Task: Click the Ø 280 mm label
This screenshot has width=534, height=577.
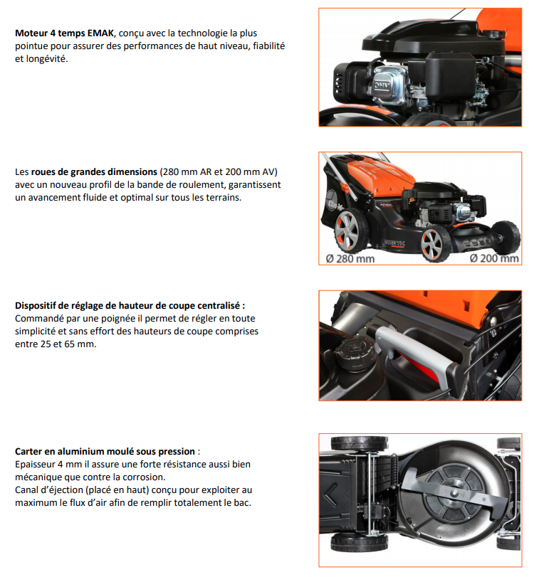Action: coord(350,258)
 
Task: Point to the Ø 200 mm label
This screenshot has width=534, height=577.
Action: coord(494,258)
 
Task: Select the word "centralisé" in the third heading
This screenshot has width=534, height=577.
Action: coord(218,305)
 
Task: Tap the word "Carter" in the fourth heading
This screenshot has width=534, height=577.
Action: coord(30,451)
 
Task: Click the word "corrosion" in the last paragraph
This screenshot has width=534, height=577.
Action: coord(141,477)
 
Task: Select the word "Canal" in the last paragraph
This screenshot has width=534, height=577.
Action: coord(28,489)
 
